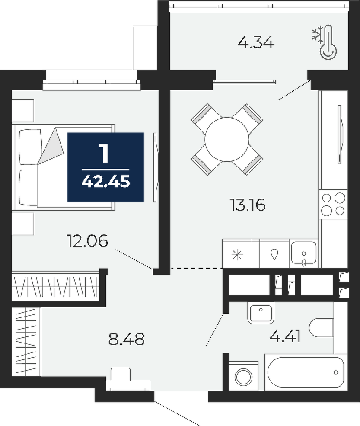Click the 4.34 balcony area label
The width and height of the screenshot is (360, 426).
click(x=256, y=43)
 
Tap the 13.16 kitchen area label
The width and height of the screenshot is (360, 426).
click(x=247, y=205)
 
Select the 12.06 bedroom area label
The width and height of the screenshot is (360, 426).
click(x=87, y=241)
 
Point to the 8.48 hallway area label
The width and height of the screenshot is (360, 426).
click(x=127, y=339)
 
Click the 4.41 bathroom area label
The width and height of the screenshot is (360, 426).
click(x=285, y=337)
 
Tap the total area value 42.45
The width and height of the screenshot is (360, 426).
click(x=105, y=181)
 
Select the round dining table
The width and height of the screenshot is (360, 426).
click(x=227, y=139)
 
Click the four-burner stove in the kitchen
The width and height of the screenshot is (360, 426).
click(x=333, y=204)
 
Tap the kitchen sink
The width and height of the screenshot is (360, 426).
click(x=304, y=253)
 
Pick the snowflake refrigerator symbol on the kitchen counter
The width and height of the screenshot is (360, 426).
click(x=237, y=255)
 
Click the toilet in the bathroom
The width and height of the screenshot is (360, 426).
click(x=322, y=327)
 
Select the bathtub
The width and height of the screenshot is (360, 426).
click(x=306, y=372)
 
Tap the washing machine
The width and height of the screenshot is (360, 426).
click(x=244, y=376)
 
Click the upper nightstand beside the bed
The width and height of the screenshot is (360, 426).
click(x=23, y=110)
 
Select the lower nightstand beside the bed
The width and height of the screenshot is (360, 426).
click(x=23, y=224)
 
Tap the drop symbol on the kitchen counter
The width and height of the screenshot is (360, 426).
click(x=274, y=255)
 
